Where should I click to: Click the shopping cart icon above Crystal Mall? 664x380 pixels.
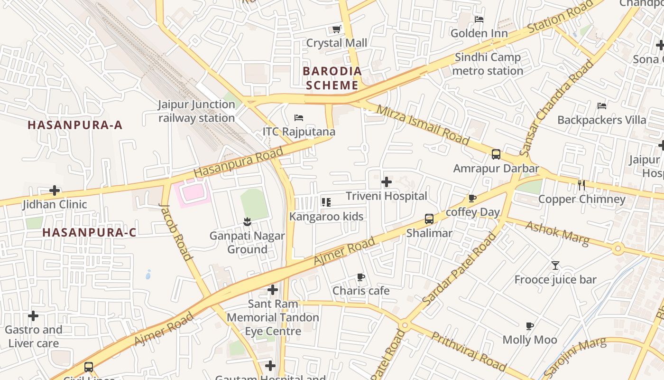337,29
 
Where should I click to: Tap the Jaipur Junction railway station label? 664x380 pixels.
196,111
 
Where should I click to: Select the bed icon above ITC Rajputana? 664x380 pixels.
299,118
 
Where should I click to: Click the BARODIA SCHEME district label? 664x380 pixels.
332,78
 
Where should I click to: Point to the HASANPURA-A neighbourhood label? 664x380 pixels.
75,125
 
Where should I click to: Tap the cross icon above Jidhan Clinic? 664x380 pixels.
55,191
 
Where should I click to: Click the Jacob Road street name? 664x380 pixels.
176,233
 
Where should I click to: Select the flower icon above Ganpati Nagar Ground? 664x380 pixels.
247,221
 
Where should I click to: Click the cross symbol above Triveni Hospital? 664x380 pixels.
387,182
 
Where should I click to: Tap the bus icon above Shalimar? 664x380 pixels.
429,219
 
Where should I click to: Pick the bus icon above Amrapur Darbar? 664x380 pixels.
496,154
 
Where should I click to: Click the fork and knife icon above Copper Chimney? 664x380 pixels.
581,185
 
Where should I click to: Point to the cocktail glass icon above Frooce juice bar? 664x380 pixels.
555,266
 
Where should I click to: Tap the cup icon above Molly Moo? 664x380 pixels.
530,326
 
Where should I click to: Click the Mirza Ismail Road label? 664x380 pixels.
423,125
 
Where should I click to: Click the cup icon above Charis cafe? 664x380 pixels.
361,276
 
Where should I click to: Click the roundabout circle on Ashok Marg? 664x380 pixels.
618,248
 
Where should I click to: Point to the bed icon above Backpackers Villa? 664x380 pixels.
602,105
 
